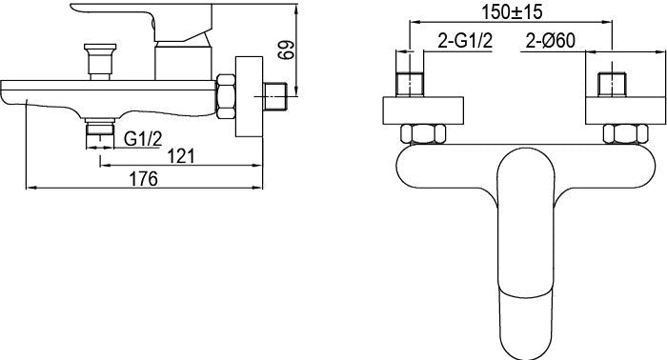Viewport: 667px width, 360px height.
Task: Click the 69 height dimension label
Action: coord(287,50)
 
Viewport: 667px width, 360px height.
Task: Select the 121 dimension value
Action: coord(181,156)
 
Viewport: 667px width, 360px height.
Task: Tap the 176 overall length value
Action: coord(143,179)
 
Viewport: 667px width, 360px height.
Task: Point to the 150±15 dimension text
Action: coord(512,11)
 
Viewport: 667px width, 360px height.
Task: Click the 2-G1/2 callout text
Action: coord(465,41)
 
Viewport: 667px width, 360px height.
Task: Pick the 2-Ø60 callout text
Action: coord(551,41)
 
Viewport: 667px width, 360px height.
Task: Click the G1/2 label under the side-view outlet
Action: coord(143,138)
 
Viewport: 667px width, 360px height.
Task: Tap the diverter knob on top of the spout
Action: coord(100,61)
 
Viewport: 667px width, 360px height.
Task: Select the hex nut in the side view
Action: coord(226,96)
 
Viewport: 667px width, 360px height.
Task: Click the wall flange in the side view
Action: coord(250,97)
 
